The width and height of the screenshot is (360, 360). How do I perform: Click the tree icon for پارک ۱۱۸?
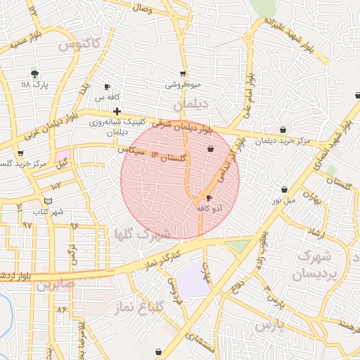click(34, 73)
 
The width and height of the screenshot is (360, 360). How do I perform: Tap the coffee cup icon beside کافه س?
click(107, 87)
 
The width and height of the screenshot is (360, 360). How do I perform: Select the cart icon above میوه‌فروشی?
click(183, 74)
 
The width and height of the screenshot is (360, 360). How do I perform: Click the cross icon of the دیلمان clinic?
click(117, 111)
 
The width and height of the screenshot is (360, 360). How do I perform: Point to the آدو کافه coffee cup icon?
click(209, 198)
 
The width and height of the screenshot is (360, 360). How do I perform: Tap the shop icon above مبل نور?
click(284, 189)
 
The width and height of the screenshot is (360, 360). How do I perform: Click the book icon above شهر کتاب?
click(47, 200)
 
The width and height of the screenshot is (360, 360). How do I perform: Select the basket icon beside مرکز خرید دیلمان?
click(283, 129)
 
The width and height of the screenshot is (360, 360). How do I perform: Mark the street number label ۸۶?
click(62, 309)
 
